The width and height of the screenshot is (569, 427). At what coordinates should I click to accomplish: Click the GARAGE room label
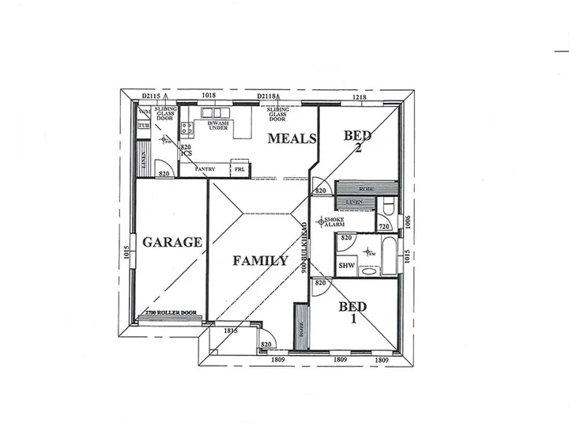171,242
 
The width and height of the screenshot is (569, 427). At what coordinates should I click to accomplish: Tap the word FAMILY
260,260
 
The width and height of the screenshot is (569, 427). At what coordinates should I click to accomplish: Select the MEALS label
292,139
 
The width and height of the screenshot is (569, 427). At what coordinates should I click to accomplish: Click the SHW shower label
346,266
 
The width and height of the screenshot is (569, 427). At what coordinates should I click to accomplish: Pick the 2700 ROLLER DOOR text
171,313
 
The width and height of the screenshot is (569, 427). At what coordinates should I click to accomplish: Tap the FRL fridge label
239,169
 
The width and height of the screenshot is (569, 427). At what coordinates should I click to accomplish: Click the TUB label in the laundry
144,125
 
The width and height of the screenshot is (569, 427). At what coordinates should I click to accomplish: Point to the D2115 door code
151,96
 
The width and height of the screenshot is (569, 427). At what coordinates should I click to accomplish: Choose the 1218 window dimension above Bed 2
359,96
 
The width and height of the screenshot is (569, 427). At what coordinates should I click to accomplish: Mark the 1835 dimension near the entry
230,330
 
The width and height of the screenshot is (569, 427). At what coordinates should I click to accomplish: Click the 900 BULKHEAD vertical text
304,248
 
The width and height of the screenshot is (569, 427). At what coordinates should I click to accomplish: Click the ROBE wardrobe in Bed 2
364,189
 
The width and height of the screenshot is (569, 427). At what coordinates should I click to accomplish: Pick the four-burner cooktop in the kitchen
187,129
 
